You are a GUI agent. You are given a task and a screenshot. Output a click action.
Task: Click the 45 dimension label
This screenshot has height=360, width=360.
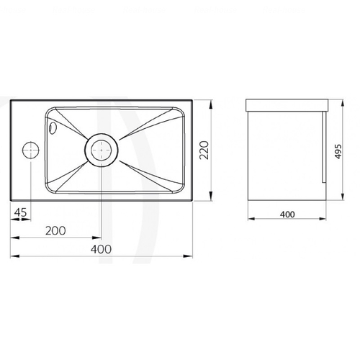(20, 212)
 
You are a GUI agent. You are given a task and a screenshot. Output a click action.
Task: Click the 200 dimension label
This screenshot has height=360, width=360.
(55, 230)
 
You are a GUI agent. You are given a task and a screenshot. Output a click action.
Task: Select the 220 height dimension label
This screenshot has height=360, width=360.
(204, 150)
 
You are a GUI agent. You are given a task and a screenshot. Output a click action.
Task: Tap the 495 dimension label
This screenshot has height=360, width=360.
(338, 151)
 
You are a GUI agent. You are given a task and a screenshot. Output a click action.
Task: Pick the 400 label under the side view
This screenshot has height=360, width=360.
(287, 215)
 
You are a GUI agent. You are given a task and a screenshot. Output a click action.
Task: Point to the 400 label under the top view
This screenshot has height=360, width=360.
(101, 249)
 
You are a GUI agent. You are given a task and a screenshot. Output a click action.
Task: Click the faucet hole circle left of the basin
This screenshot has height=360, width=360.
(31, 150)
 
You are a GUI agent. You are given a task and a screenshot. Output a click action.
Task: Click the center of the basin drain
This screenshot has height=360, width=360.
(102, 150)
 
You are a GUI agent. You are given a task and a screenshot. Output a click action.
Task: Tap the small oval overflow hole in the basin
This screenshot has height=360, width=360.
(52, 127)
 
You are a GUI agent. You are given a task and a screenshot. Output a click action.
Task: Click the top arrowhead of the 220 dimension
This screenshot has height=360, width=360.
(211, 104)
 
